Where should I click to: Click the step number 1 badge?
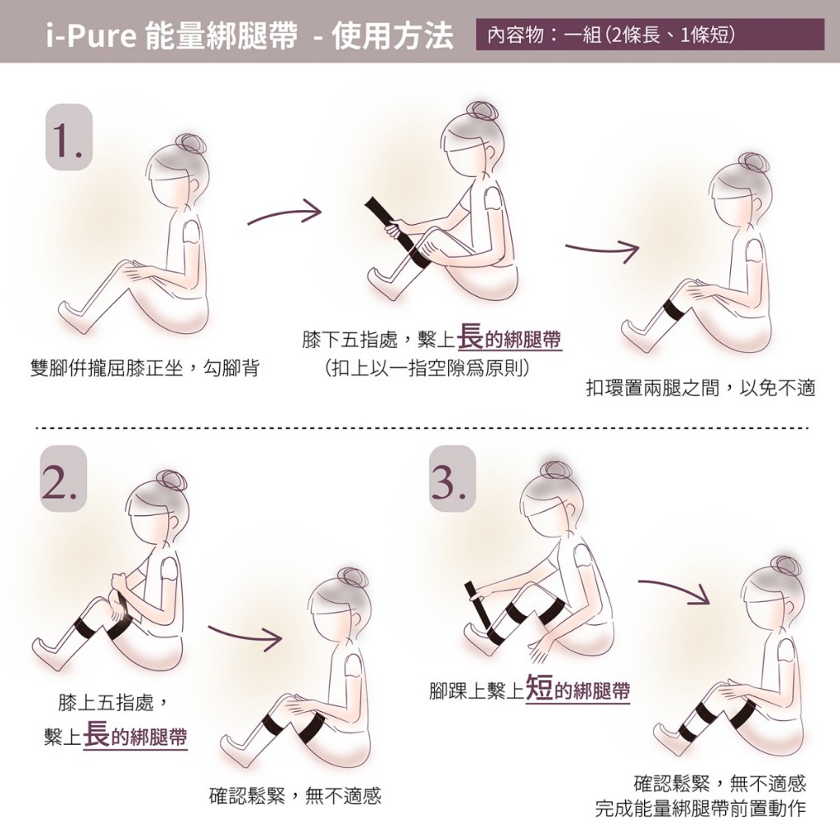(69, 137)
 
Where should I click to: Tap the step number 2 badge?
(63, 479)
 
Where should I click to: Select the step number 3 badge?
(453, 479)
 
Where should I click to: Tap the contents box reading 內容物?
(650, 34)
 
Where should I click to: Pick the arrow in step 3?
(674, 589)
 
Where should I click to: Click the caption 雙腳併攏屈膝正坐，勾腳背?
(145, 368)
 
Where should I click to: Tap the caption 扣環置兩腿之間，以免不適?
(701, 388)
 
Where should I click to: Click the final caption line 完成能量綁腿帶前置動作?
(701, 808)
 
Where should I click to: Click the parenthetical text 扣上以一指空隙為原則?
(427, 368)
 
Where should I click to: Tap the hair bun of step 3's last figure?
(785, 568)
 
